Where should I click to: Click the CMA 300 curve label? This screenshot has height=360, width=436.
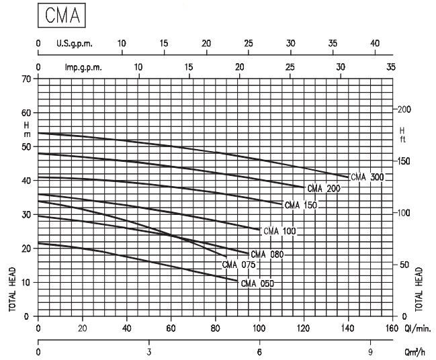click(367, 177)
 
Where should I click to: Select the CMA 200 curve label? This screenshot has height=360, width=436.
click(323, 189)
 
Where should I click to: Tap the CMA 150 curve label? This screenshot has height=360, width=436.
click(300, 206)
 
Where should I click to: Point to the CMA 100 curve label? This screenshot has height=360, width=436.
click(279, 231)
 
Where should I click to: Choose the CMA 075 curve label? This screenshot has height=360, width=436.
click(239, 265)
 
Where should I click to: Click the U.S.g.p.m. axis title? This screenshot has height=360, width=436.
click(74, 44)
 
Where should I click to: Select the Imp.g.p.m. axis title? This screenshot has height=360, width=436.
click(83, 68)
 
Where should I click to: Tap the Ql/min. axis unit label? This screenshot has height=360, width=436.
click(417, 328)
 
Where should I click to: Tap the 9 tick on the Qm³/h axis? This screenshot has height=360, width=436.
click(369, 351)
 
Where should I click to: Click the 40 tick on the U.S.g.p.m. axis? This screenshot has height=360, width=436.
click(374, 44)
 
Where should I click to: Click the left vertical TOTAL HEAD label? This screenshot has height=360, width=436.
click(12, 289)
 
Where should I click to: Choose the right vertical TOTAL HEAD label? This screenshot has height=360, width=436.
click(421, 289)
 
